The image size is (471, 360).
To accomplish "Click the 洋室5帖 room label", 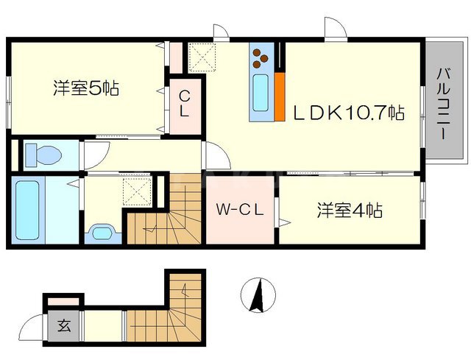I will click(x=86, y=89).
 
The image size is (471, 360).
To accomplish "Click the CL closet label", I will click(x=185, y=104).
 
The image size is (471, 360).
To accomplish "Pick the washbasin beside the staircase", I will click(x=101, y=233).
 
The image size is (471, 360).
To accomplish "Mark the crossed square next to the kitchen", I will click(x=201, y=56).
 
